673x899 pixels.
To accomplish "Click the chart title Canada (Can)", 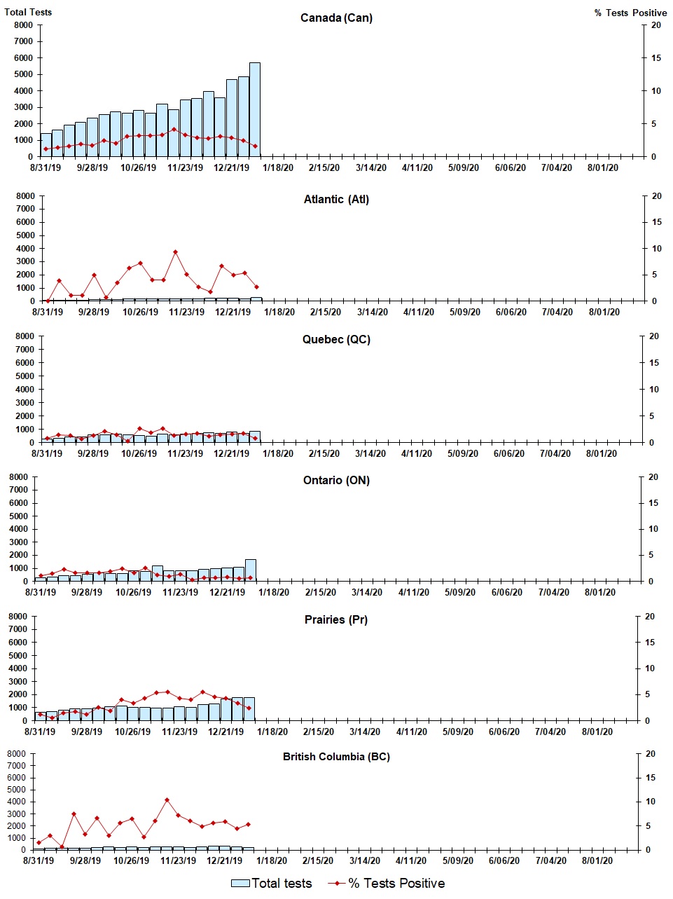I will (336, 18).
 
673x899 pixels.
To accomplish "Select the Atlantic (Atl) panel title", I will (336, 199).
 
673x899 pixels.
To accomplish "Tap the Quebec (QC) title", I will (336, 339).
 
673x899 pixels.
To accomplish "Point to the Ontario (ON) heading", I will (336, 480).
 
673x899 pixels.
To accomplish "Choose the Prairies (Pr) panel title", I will (336, 619).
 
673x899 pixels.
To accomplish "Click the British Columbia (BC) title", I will (336, 757).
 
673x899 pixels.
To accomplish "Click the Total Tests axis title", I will (28, 12).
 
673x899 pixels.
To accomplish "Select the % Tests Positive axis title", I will (630, 13).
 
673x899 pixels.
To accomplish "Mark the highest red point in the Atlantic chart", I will (175, 252).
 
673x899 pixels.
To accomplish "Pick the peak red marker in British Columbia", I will (167, 800).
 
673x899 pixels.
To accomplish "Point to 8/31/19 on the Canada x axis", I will (46, 167).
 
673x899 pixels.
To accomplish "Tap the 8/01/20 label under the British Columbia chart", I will (597, 860).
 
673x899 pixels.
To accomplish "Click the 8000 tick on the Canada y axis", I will (24, 25).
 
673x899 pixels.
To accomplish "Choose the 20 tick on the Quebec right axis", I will (653, 336).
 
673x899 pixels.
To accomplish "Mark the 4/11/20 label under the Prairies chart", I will (412, 732).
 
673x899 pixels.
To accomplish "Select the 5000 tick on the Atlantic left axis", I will (25, 235).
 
